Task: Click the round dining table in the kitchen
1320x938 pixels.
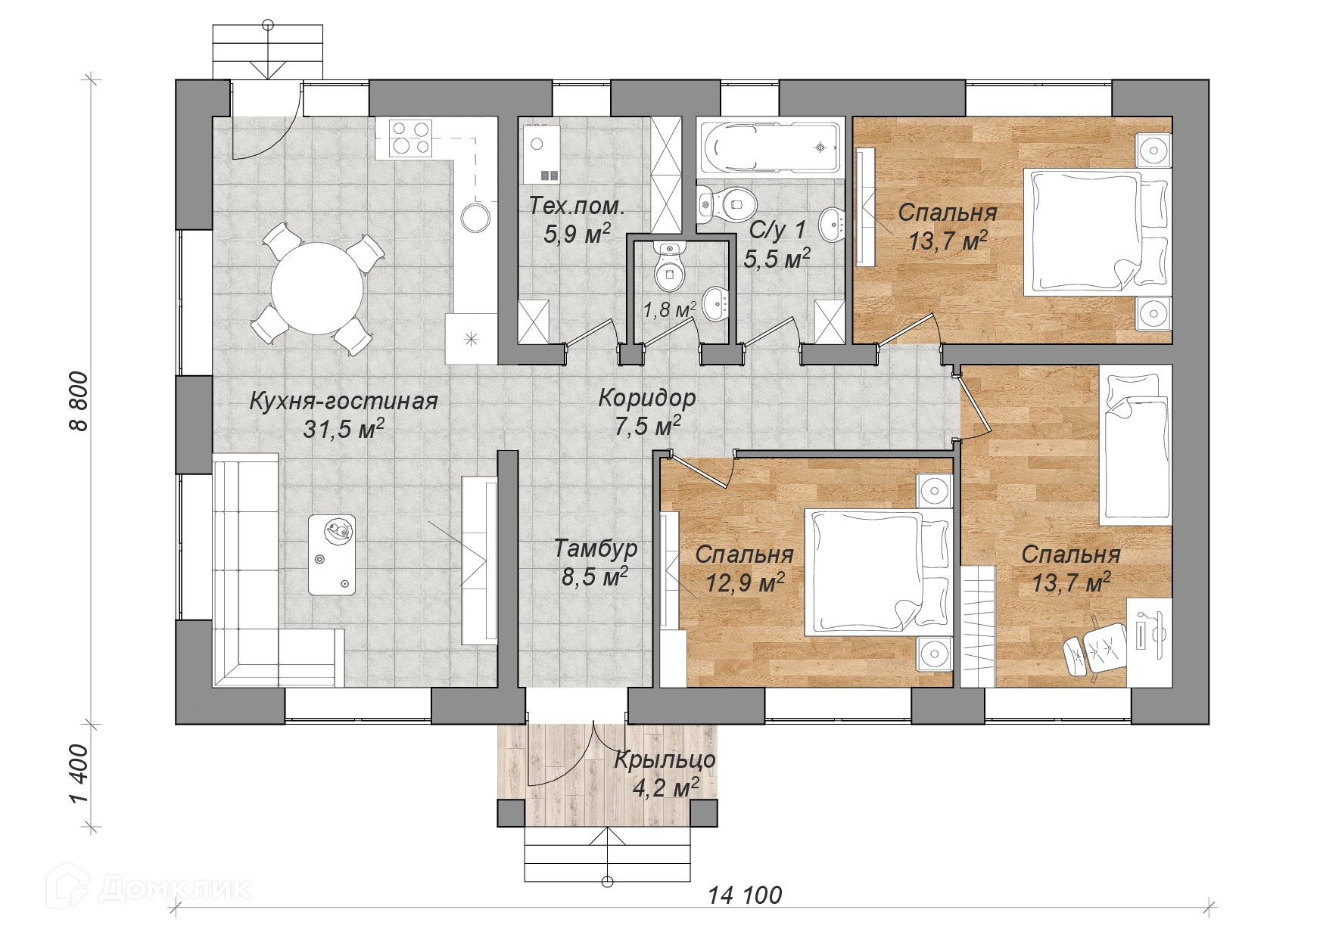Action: [318, 288]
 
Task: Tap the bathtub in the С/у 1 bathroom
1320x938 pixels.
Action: [771, 148]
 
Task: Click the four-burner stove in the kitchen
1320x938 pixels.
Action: [411, 138]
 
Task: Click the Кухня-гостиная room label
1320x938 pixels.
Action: [344, 401]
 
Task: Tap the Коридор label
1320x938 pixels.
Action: [647, 398]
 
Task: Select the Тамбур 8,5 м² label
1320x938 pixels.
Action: [595, 562]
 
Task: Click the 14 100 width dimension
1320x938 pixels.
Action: [745, 896]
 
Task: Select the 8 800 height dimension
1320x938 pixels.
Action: [79, 401]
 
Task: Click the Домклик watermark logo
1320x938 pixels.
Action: [148, 887]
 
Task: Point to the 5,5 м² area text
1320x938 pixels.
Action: [777, 259]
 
